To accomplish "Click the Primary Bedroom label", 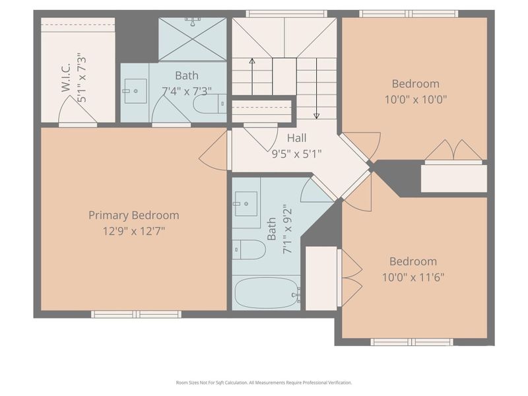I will pyautogui.click(x=134, y=215).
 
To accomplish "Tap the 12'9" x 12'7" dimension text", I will pyautogui.click(x=134, y=231).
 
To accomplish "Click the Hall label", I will pyautogui.click(x=296, y=139).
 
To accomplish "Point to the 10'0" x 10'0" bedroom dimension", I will pyautogui.click(x=415, y=100).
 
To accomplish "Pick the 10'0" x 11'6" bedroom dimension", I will pyautogui.click(x=412, y=277).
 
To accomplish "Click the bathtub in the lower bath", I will pyautogui.click(x=266, y=292).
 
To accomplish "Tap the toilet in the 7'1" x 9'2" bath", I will pyautogui.click(x=249, y=249).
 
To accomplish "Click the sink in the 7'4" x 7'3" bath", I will pyautogui.click(x=135, y=91).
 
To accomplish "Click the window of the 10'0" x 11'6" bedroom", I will pyautogui.click(x=411, y=342).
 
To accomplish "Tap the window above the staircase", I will pyautogui.click(x=286, y=13).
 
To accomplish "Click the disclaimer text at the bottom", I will pyautogui.click(x=264, y=382).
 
